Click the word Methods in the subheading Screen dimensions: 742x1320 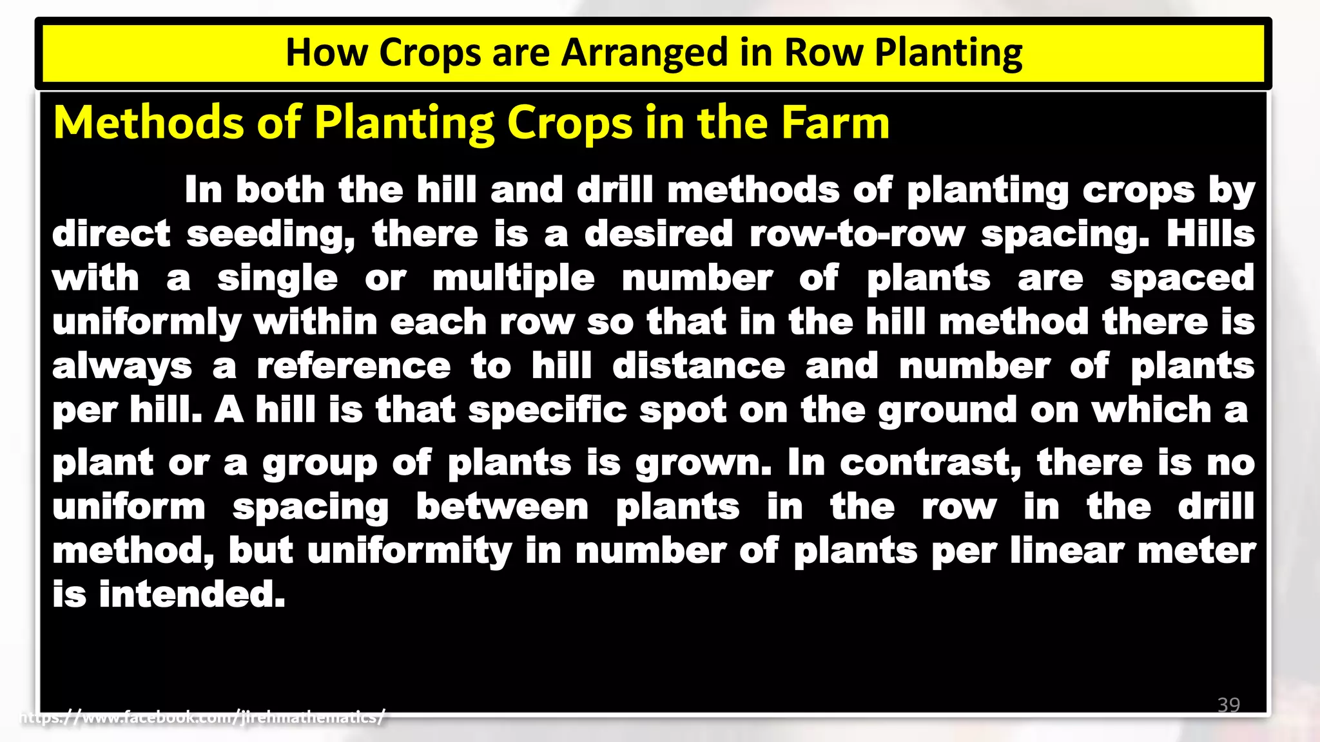pos(149,122)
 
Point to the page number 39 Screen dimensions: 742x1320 pos(1228,705)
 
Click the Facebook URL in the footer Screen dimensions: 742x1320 pos(203,717)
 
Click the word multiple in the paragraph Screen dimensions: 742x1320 pos(513,279)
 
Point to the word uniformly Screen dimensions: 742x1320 pos(146,323)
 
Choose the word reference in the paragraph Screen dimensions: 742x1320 pos(353,366)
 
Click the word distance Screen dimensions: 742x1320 pos(698,366)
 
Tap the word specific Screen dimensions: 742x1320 pos(547,411)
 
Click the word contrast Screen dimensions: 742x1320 pos(930,463)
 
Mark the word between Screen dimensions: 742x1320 pos(502,507)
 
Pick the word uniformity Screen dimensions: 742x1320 pos(409,551)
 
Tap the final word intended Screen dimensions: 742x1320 pos(191,595)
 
